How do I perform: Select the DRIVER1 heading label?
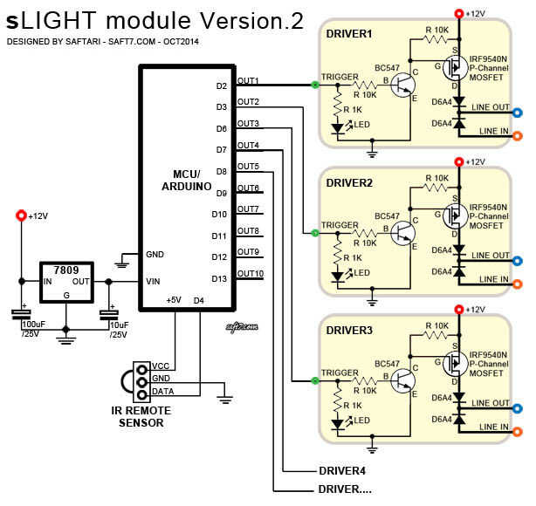coord(348,34)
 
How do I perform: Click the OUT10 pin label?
coord(249,273)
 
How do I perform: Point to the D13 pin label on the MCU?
coord(219,278)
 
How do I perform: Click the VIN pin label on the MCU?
coord(154,281)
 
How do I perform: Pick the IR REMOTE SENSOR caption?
coord(152,417)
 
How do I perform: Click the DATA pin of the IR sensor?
coord(161,390)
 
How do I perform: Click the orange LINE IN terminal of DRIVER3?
coord(518,429)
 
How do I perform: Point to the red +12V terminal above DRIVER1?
coord(459,12)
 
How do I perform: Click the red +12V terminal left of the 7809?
coord(21,215)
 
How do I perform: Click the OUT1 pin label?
coord(248,80)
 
